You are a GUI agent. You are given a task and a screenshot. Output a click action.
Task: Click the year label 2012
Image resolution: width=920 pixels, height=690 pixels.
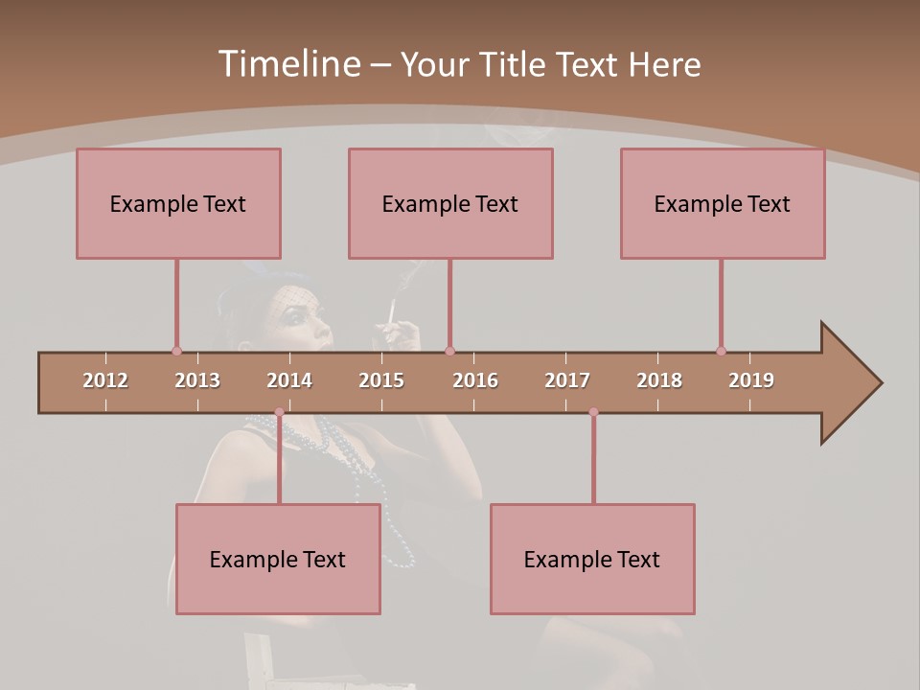click(105, 380)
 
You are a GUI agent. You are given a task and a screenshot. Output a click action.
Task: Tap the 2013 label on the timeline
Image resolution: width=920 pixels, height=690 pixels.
click(197, 380)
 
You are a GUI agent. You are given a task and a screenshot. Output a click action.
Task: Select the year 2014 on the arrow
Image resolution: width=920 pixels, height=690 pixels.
click(289, 380)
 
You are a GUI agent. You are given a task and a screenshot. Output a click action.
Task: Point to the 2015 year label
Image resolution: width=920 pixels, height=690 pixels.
click(381, 380)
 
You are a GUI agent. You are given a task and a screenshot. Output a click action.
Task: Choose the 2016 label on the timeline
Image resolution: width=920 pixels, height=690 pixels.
click(475, 380)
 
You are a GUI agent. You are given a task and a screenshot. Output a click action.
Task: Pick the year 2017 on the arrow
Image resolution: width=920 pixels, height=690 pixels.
click(567, 380)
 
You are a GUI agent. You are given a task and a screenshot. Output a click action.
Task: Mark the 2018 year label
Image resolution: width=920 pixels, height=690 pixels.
click(659, 380)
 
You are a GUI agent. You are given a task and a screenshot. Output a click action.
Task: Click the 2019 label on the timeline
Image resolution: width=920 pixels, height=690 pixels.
click(751, 380)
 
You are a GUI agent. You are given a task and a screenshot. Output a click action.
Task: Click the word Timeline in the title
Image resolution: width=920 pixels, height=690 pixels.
click(287, 64)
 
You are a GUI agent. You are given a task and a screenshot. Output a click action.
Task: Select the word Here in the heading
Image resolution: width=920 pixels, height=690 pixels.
click(664, 64)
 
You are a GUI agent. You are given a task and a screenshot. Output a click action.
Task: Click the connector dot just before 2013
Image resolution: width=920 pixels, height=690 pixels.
click(176, 351)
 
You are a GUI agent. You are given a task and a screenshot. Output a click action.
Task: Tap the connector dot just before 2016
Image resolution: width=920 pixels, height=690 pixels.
click(449, 351)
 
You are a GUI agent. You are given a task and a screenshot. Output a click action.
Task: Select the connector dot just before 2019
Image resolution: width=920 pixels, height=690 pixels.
click(721, 351)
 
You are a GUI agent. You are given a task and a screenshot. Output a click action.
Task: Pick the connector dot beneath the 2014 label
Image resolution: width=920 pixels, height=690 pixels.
click(279, 412)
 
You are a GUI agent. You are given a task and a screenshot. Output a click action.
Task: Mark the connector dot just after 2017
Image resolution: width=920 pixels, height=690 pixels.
click(593, 412)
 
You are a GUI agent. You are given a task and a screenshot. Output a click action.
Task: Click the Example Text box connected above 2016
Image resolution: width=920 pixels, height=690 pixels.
click(450, 203)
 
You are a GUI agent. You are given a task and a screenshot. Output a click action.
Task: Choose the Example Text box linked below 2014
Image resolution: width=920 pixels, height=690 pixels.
click(278, 559)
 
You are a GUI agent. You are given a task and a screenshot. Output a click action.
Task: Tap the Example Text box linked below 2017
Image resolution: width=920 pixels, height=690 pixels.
click(592, 559)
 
